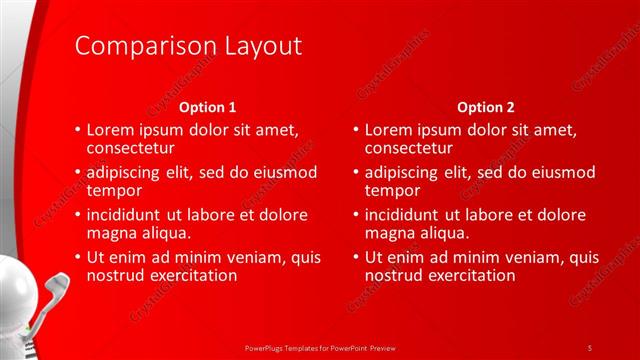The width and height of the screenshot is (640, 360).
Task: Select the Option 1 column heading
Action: (207, 107)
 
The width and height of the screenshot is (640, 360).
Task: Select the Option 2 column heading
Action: (485, 107)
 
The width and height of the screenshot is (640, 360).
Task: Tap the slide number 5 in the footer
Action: (590, 347)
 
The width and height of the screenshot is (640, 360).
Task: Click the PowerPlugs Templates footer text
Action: (319, 347)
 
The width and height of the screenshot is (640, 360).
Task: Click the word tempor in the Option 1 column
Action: (114, 190)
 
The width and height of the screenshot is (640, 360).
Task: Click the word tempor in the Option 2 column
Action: (392, 190)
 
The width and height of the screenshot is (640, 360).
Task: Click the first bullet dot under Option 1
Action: (78, 131)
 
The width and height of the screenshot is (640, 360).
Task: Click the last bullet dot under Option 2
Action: (356, 257)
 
